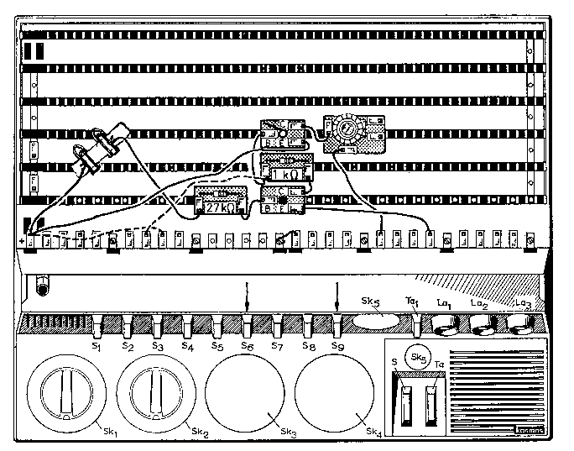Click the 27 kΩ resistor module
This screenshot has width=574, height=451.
click(219, 202)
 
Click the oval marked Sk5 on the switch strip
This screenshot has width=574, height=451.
click(375, 322)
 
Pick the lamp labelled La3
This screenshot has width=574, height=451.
click(520, 323)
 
